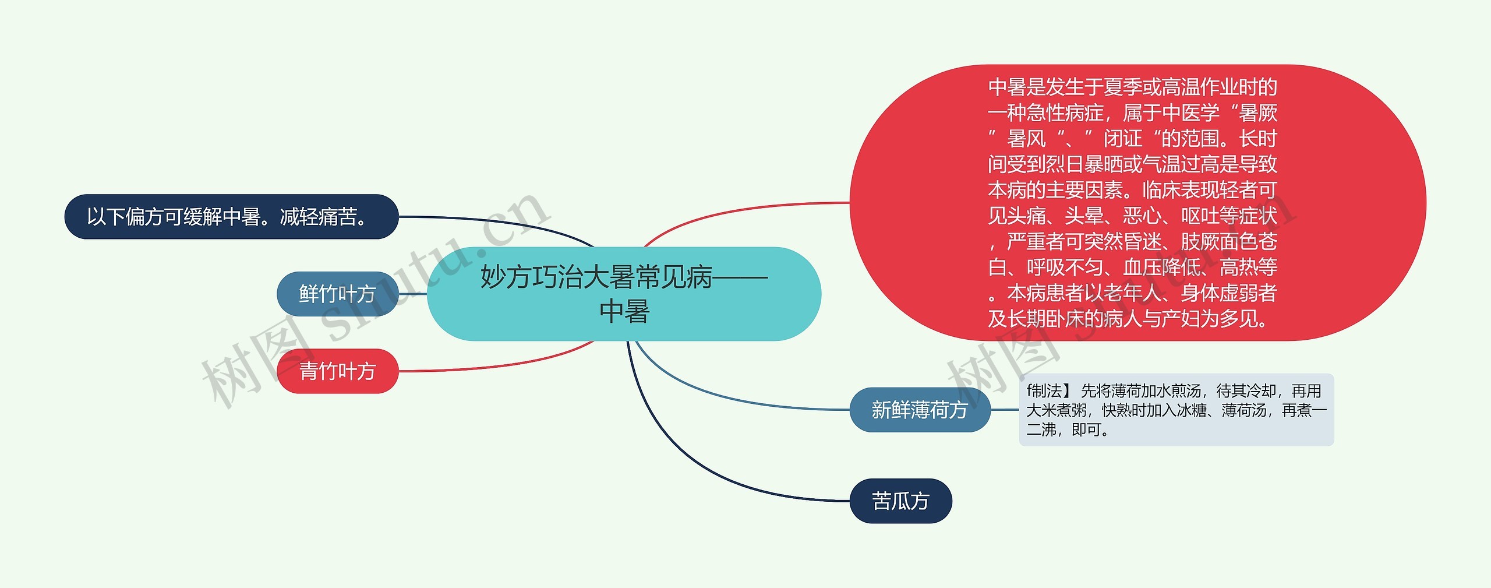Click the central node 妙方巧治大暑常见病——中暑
tap(624, 294)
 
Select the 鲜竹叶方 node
tap(337, 294)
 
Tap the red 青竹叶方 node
tap(337, 371)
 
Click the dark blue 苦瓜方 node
tap(900, 501)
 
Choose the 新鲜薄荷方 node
tap(920, 410)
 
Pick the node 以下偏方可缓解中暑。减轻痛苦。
tap(231, 217)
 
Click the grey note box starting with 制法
tap(1176, 410)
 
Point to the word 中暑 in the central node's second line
tap(624, 311)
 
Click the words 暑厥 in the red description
tap(1257, 112)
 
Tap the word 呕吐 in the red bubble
tap(1200, 216)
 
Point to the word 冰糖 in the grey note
tap(1192, 410)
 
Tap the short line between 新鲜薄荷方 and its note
tap(1005, 410)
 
